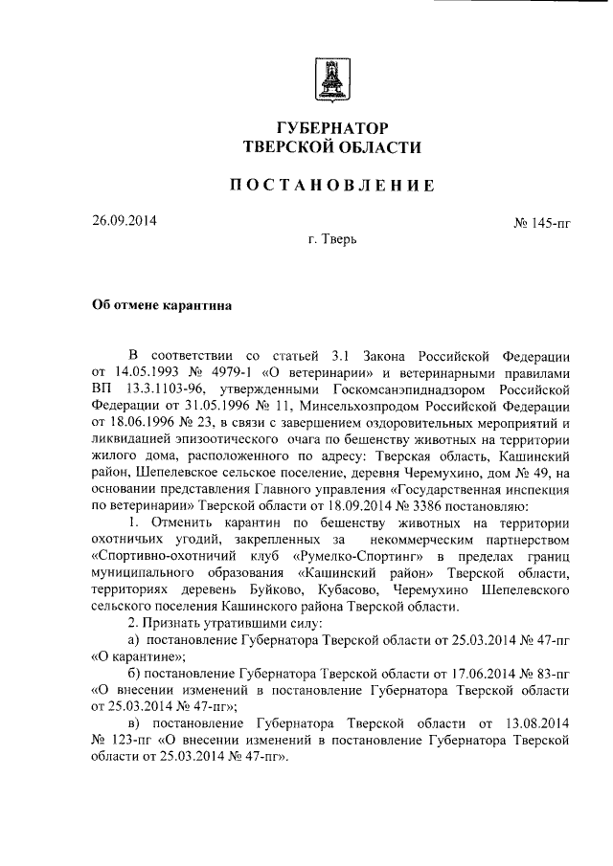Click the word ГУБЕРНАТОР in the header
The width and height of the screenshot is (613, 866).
332,128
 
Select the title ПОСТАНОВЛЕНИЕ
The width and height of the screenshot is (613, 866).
332,186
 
